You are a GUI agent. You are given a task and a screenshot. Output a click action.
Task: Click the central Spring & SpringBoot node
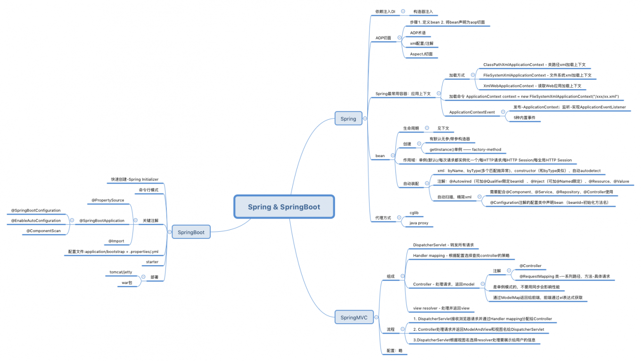284,207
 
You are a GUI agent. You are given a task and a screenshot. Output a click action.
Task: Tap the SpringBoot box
191,232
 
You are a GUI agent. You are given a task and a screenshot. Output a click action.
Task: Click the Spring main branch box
348,119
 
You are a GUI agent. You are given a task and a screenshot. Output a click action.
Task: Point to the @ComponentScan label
43,231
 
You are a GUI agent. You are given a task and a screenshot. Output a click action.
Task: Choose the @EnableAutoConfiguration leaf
36,220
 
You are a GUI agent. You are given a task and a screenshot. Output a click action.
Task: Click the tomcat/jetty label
121,272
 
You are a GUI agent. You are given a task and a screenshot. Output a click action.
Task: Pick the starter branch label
152,261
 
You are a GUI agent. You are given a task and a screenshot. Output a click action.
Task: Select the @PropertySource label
108,200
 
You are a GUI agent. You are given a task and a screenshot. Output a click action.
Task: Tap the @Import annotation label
116,241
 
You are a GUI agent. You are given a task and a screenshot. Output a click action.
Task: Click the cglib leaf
414,213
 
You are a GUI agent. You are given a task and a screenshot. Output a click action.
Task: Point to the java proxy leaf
419,223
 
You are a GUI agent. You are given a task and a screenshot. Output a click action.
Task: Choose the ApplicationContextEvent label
472,112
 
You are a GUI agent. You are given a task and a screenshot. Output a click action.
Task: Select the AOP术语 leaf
418,33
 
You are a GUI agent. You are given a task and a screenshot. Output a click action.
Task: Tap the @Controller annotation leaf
530,266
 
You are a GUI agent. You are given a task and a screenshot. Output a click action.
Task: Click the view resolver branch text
441,308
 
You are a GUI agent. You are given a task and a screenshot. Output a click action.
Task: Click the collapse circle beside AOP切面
399,37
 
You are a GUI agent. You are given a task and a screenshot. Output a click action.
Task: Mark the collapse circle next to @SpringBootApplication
72,220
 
